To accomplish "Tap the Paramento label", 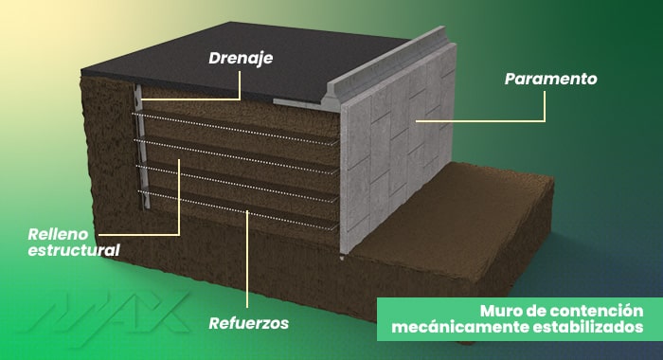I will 550,80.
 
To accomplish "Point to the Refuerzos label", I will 248,323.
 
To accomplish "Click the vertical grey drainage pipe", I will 139,142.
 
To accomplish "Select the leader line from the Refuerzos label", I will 247,265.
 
